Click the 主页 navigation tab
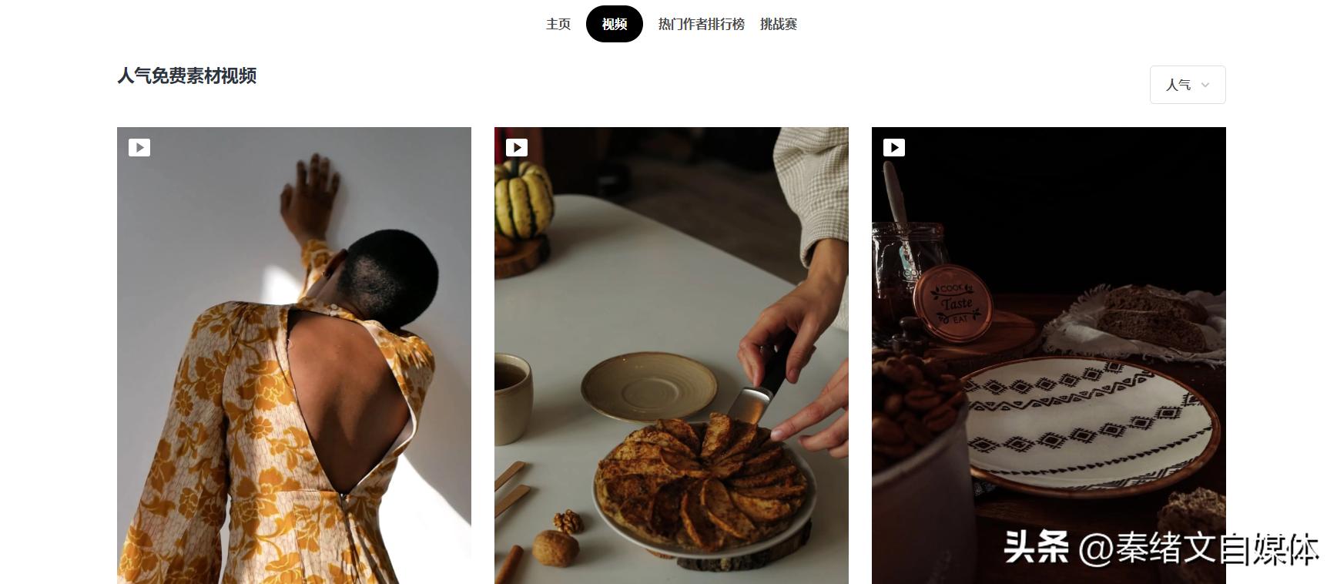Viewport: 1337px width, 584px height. [558, 24]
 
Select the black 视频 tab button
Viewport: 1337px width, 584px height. [615, 24]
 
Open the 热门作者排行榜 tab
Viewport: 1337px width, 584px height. [702, 24]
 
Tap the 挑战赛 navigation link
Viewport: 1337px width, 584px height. [779, 24]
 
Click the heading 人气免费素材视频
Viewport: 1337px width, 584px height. [187, 76]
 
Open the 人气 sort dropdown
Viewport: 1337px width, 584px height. [1188, 85]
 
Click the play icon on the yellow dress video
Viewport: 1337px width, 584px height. [139, 147]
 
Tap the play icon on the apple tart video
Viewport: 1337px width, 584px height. [517, 147]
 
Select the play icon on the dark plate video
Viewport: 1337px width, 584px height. [894, 147]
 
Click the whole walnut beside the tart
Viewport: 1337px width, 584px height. [556, 549]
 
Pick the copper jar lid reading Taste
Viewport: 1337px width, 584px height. [953, 304]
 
